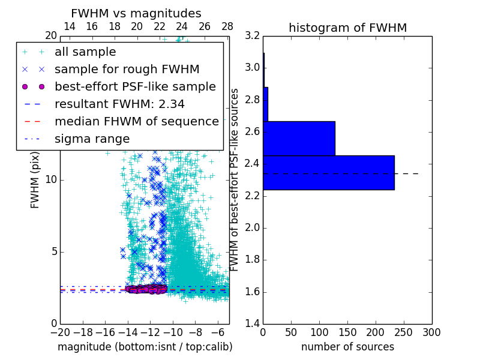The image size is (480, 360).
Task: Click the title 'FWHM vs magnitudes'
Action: (x=136, y=14)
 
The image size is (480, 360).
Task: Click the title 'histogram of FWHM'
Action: (x=347, y=28)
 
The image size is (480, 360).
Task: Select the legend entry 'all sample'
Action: (x=85, y=52)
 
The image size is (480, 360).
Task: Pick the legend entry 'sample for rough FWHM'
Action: (x=127, y=70)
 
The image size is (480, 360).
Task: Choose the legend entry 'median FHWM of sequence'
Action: (x=137, y=122)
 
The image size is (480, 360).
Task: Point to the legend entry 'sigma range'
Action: (x=92, y=139)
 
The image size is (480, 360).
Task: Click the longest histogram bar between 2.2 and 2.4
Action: (x=328, y=173)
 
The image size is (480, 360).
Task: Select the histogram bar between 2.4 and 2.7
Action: (x=299, y=139)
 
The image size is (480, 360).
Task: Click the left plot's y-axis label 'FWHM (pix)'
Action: (x=35, y=179)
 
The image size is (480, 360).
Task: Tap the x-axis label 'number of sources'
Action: (x=347, y=347)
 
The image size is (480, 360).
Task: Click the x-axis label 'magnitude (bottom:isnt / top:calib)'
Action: (x=145, y=347)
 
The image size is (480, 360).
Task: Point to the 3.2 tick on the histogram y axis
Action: (x=252, y=35)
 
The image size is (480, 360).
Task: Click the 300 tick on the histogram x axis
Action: (x=431, y=332)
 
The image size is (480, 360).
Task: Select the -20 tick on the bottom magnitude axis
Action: (x=60, y=332)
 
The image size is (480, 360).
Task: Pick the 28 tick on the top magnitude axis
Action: (x=227, y=26)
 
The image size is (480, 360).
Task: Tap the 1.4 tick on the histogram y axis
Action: (x=252, y=323)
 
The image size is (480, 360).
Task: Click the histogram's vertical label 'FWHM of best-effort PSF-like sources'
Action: (x=235, y=179)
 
